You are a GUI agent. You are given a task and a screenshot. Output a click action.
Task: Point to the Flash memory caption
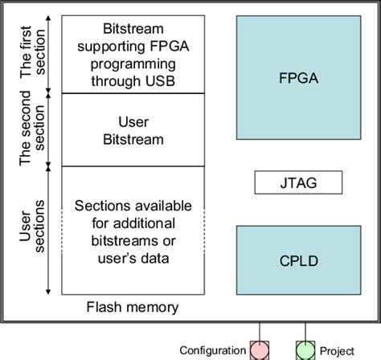(x=132, y=307)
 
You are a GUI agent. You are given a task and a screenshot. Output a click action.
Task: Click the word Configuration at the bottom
(x=212, y=350)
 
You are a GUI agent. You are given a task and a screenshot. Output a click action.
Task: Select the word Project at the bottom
(x=337, y=350)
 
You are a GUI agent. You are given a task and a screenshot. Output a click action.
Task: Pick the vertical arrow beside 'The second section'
(x=50, y=130)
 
